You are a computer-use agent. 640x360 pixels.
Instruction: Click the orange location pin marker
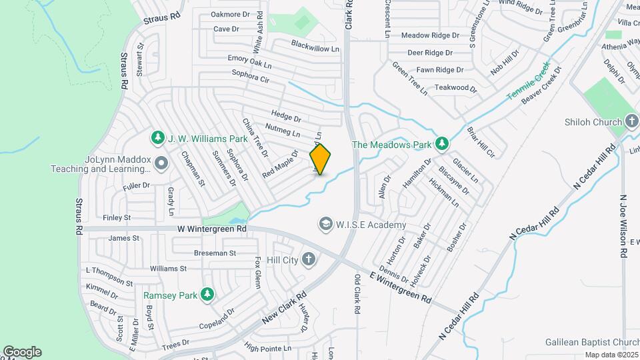320,159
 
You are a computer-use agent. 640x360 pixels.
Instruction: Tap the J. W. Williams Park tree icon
158,138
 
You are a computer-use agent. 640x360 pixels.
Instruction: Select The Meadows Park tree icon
441,143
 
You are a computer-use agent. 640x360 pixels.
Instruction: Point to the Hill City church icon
309,259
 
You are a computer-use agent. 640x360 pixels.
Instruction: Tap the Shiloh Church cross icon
632,121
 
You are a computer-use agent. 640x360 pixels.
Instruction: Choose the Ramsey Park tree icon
207,294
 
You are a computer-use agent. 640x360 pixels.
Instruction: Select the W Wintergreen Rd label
212,228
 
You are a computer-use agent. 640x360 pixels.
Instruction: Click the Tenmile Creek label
527,81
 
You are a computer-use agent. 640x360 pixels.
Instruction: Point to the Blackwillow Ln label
315,45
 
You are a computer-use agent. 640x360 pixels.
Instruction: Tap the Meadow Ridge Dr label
430,35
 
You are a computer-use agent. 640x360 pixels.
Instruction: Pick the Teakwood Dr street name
456,87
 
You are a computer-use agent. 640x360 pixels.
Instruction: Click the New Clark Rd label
284,307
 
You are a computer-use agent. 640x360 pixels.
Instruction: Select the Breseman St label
215,253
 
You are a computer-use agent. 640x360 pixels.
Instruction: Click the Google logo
22,352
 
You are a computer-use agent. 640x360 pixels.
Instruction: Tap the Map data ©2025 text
611,355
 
